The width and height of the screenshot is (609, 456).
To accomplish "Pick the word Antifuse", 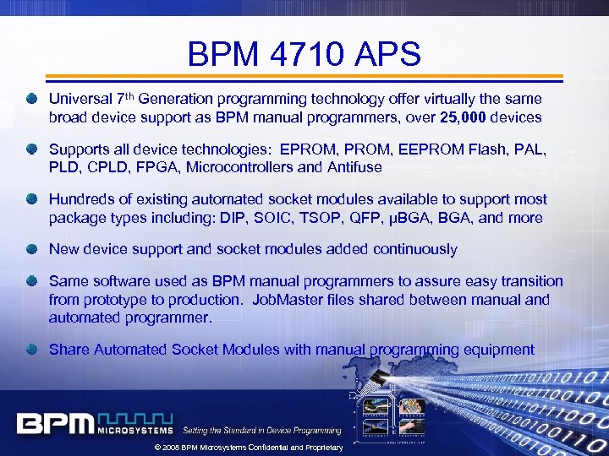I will [x=349, y=167].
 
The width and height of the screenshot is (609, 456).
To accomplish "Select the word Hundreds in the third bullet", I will [x=83, y=200].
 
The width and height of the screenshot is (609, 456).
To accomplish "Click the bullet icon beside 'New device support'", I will [x=31, y=249].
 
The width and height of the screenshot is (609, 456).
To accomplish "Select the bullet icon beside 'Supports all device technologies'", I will [x=31, y=149].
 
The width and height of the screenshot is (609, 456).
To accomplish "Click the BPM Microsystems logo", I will [x=94, y=422].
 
